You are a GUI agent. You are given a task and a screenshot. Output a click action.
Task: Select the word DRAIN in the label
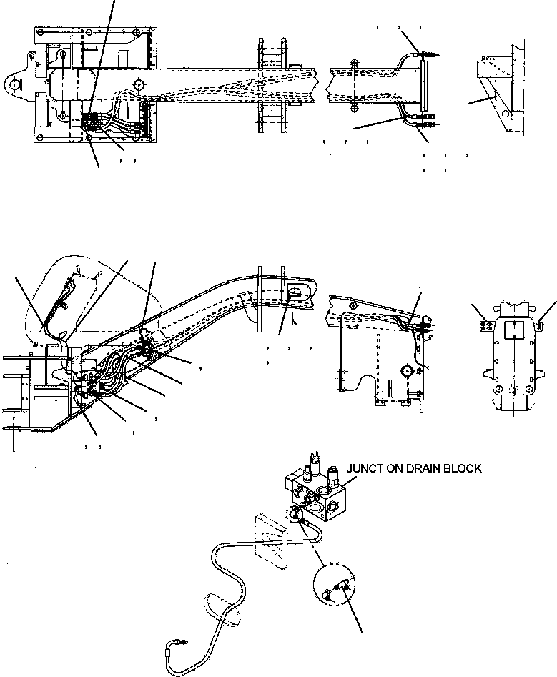425,469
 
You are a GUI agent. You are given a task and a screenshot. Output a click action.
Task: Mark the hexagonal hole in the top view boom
137,86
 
